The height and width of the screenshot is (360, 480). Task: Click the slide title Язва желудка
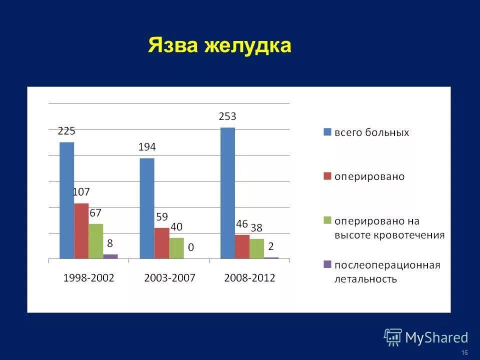point(219,45)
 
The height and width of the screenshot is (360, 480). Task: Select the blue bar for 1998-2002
point(66,200)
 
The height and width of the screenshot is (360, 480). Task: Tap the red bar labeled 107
point(81,230)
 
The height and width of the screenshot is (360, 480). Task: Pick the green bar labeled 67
point(96,241)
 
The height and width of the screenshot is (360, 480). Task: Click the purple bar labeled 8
point(110,256)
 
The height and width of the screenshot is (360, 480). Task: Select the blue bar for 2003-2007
point(147,208)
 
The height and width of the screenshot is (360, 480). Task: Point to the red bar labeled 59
point(161,243)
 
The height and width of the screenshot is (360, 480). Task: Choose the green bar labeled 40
point(176,248)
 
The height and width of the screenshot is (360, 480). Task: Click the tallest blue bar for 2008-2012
point(227,193)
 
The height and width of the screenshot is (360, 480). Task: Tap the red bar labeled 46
point(242,246)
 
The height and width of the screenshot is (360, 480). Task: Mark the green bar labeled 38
point(257,248)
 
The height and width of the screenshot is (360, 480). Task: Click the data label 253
point(227,116)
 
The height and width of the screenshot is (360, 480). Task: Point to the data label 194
point(147,147)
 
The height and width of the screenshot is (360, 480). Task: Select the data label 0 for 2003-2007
point(191,247)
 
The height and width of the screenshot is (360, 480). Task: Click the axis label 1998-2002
point(89,278)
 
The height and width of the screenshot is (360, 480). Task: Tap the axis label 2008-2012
point(249,278)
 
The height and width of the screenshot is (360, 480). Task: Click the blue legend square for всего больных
point(327,132)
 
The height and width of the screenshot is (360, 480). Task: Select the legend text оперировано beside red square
point(369,176)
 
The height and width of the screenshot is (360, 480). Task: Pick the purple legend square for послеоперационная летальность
point(327,264)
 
